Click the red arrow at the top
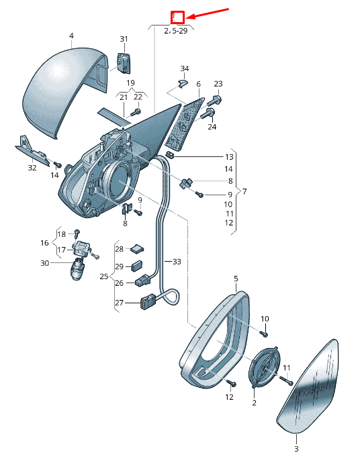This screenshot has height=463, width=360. pyautogui.click(x=208, y=13)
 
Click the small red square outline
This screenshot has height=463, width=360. pyautogui.click(x=178, y=17)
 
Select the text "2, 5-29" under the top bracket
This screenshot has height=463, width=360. pyautogui.click(x=176, y=31)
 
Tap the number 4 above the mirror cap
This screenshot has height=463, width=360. pyautogui.click(x=71, y=36)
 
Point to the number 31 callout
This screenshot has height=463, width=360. pyautogui.click(x=124, y=39)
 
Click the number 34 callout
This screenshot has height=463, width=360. pyautogui.click(x=185, y=68)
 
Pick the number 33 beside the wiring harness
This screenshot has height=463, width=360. pyautogui.click(x=177, y=261)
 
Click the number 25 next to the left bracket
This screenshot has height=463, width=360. pyautogui.click(x=104, y=276)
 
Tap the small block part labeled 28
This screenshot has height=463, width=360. pyautogui.click(x=137, y=248)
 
